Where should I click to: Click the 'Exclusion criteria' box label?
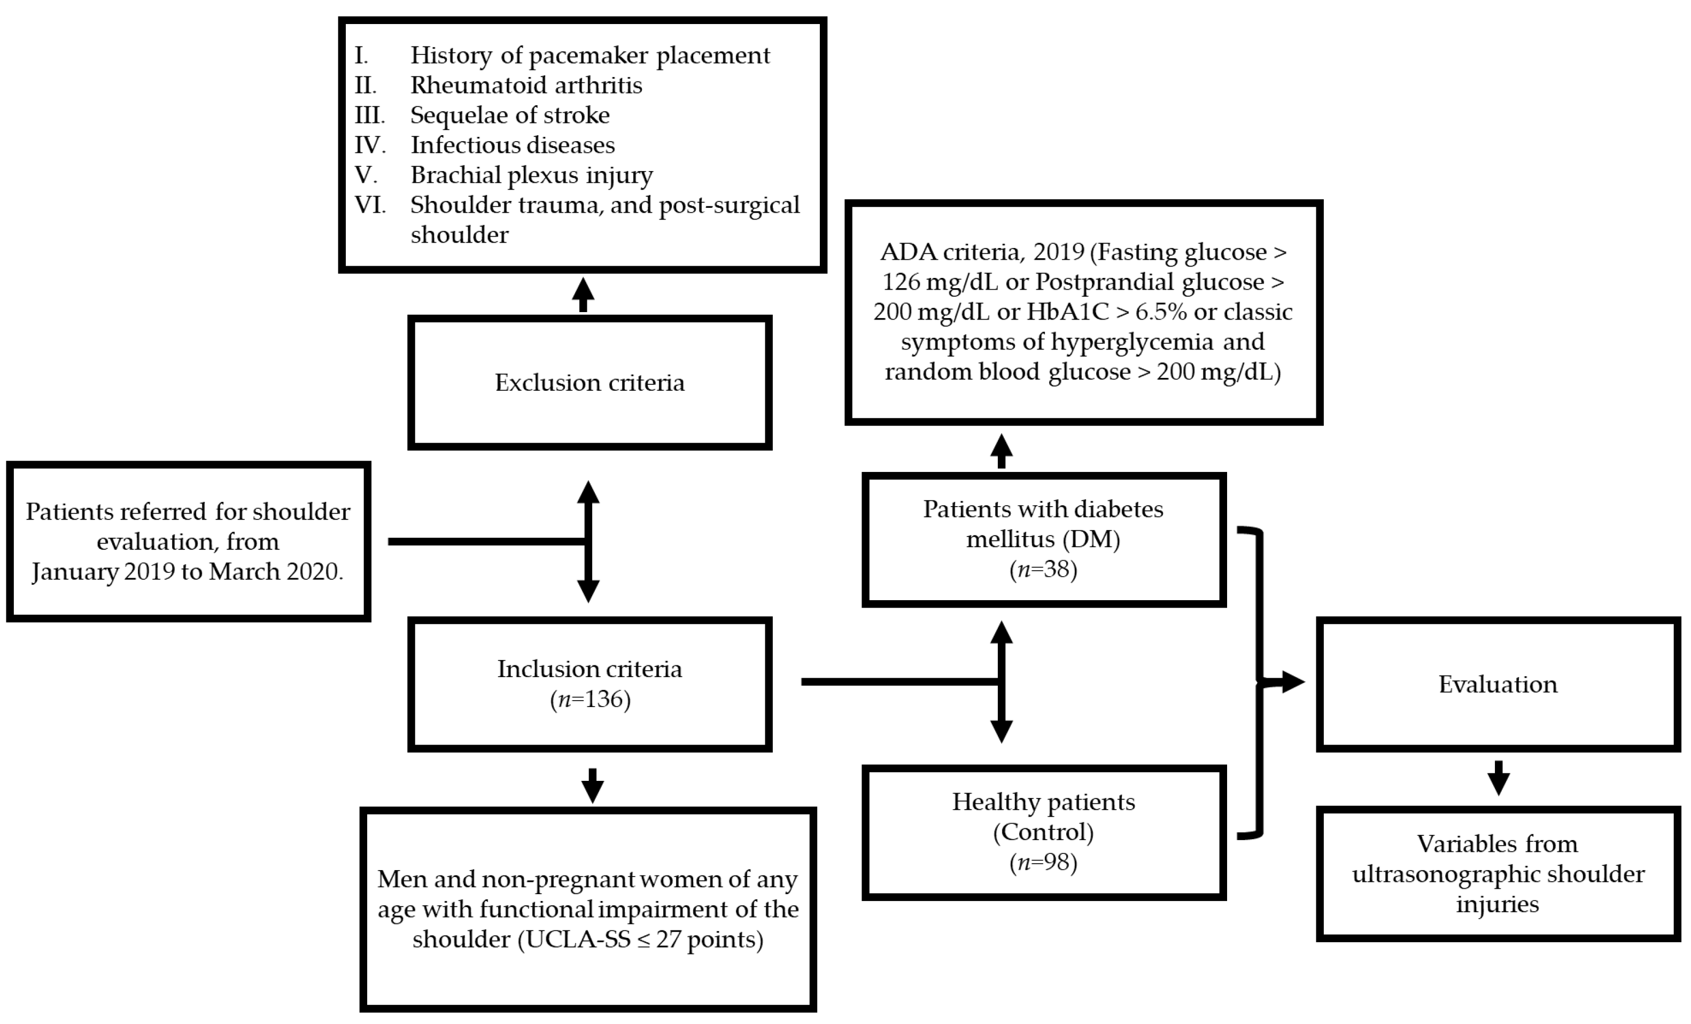click(x=589, y=382)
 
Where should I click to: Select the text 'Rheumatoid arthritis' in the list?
click(x=526, y=85)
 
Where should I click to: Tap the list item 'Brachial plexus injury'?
click(x=531, y=175)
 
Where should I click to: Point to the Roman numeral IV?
click(x=369, y=145)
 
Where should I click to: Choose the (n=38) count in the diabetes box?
click(x=1043, y=569)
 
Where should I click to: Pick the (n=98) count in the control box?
click(x=1043, y=862)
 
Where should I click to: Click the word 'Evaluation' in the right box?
click(x=1498, y=684)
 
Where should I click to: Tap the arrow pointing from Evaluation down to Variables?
click(x=1498, y=778)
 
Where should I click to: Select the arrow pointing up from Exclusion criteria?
click(x=583, y=294)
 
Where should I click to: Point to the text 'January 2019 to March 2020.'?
click(x=188, y=572)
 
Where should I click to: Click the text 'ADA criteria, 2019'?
click(x=983, y=252)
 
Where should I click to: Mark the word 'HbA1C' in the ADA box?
click(x=1068, y=312)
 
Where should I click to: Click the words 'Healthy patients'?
click(x=1043, y=802)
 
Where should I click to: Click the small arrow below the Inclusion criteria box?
click(x=592, y=786)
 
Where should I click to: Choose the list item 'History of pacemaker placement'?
click(x=589, y=55)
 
